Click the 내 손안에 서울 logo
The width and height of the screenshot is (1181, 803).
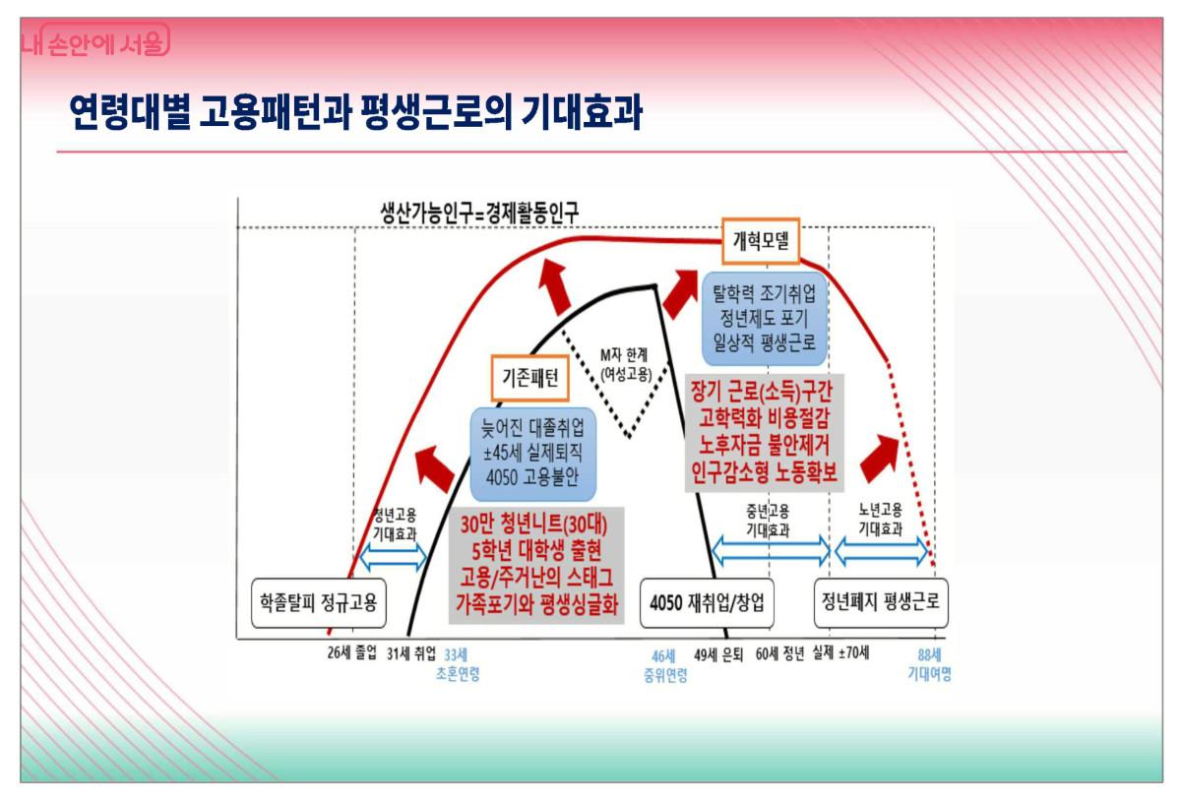click(x=95, y=40)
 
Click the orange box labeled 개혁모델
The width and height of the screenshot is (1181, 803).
click(x=761, y=240)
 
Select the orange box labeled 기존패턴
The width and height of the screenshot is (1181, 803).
click(x=530, y=378)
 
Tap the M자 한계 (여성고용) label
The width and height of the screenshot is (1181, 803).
click(x=625, y=364)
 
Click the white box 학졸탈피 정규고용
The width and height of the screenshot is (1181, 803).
click(x=319, y=602)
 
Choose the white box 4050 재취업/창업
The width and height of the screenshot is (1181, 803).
click(x=707, y=602)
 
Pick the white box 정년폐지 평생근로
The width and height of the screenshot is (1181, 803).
click(x=881, y=602)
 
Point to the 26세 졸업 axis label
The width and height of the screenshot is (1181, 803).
click(x=352, y=652)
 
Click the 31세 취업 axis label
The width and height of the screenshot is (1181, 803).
click(x=411, y=653)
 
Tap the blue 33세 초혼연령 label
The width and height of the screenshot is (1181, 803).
click(x=458, y=664)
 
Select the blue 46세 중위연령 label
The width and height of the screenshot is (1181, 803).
click(x=665, y=665)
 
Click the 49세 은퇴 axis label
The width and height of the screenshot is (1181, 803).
click(x=718, y=654)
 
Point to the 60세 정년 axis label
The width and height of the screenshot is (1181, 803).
click(x=780, y=653)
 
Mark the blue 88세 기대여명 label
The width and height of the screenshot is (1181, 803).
click(x=929, y=664)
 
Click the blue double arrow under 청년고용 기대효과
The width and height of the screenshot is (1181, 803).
click(x=394, y=556)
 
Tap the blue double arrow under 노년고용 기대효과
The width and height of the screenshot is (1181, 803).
click(x=882, y=551)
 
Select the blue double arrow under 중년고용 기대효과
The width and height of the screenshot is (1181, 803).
click(x=771, y=551)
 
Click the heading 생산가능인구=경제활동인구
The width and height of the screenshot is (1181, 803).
click(x=480, y=213)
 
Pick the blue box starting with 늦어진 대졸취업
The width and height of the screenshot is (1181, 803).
click(x=533, y=454)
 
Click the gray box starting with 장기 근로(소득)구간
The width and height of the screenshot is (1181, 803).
click(x=764, y=433)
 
